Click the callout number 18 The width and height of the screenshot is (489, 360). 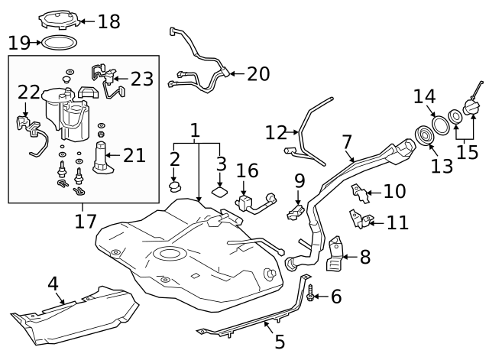pos(108,21)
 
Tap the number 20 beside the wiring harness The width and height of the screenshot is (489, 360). pos(258,73)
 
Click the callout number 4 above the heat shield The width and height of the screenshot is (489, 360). pos(53,284)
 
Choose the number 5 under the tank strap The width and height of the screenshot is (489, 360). pos(279,342)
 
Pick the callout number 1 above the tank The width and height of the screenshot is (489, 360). pos(196,131)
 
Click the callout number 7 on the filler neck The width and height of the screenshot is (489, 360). pos(348,142)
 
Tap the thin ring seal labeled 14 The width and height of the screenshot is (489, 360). pos(441,124)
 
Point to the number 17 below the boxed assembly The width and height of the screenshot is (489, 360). pos(86,222)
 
